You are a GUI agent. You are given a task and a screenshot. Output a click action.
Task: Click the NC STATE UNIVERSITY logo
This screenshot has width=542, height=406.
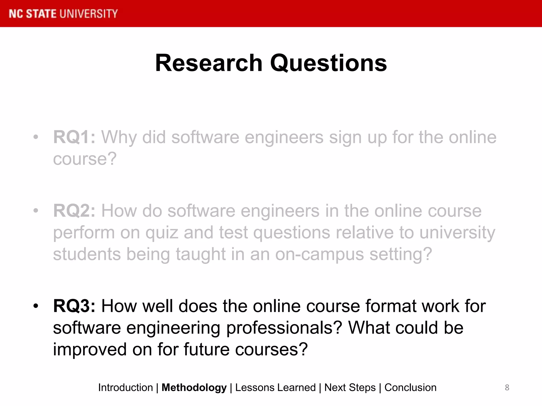click(x=63, y=14)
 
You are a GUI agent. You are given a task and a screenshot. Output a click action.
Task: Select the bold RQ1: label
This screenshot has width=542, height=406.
click(x=74, y=137)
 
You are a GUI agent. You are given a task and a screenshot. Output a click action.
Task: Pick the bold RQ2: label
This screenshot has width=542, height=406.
click(x=74, y=211)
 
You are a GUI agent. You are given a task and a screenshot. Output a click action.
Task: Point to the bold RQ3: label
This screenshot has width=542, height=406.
click(x=74, y=306)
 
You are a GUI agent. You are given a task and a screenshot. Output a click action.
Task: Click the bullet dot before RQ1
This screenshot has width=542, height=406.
click(x=36, y=137)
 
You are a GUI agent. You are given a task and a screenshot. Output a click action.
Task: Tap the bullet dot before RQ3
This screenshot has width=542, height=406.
click(x=36, y=306)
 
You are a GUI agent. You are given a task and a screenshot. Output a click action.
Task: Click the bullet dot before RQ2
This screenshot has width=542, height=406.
click(x=36, y=211)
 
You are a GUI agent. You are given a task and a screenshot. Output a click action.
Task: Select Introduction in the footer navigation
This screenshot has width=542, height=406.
click(x=125, y=387)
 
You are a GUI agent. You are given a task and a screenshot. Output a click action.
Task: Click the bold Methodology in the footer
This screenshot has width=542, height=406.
click(x=194, y=387)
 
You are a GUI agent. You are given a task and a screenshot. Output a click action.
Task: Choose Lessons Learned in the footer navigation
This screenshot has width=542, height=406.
click(x=275, y=387)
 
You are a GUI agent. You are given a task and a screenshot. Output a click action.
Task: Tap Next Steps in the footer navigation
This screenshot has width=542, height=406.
click(x=350, y=387)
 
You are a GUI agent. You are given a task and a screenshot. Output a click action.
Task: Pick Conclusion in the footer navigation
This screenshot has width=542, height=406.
click(x=410, y=387)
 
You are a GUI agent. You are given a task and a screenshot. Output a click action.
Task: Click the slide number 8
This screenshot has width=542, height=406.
click(x=507, y=387)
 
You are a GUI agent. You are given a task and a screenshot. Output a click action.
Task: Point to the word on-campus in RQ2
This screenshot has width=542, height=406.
click(x=319, y=254)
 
